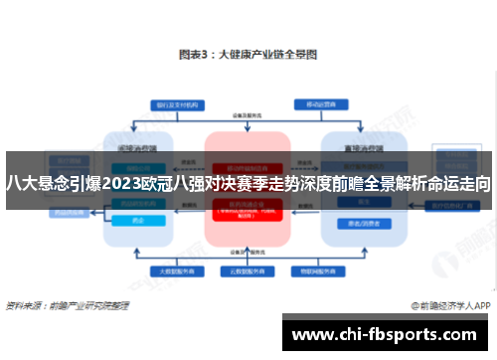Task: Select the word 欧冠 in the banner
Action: (157, 183)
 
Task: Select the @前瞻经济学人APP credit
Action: (449, 307)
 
